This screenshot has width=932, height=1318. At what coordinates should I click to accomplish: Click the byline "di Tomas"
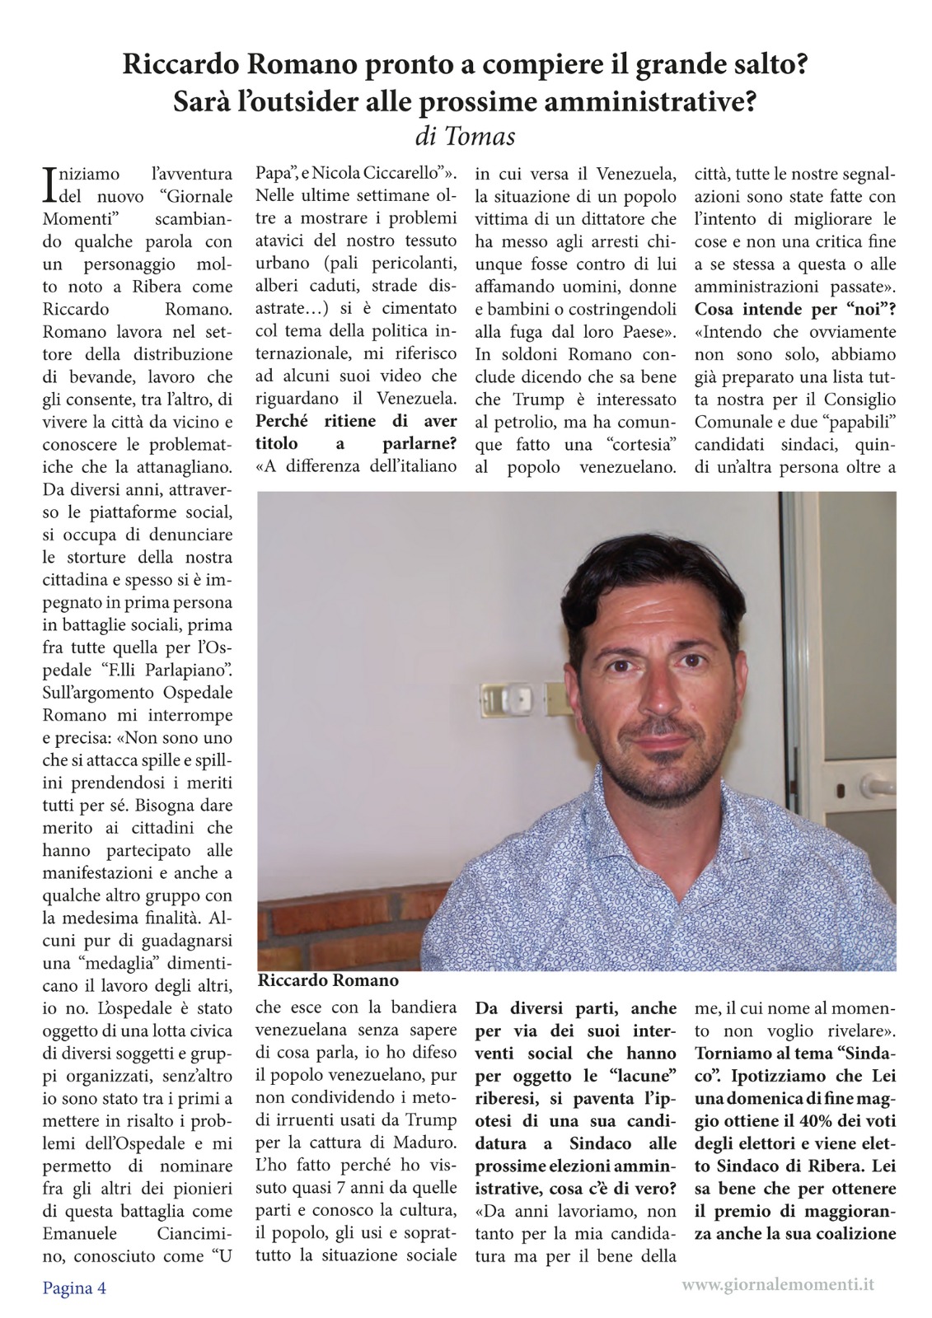click(x=466, y=135)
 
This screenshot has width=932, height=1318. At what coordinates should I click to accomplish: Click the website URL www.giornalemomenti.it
click(x=779, y=1283)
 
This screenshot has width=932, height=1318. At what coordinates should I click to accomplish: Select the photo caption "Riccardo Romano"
click(x=328, y=980)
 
